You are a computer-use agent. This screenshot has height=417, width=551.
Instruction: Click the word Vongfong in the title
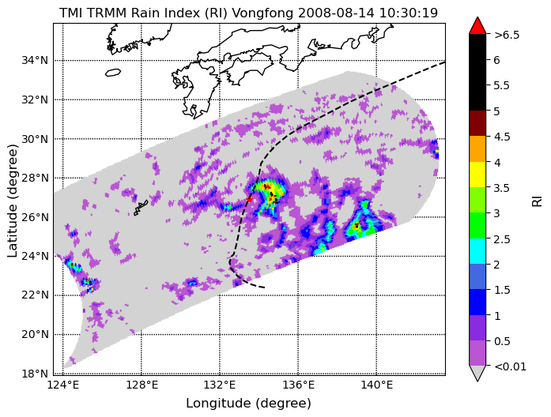click(x=263, y=13)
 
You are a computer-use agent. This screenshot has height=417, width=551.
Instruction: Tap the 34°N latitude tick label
click(x=35, y=60)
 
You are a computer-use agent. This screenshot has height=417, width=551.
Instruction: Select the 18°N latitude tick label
click(x=35, y=374)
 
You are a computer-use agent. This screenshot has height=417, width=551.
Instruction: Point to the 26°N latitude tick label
click(x=35, y=217)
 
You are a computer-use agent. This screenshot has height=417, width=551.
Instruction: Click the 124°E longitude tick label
click(x=63, y=385)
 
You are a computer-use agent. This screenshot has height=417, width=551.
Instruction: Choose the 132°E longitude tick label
click(x=220, y=385)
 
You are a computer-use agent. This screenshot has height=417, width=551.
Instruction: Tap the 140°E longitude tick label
click(x=377, y=385)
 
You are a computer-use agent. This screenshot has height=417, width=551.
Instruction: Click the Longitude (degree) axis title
click(x=248, y=404)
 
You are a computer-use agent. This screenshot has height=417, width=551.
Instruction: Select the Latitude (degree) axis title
click(x=13, y=201)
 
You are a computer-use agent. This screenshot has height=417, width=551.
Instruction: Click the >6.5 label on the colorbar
click(x=507, y=35)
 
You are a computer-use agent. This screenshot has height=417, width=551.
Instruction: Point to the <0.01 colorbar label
click(x=510, y=366)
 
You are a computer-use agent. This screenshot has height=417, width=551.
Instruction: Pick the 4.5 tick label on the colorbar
click(x=502, y=137)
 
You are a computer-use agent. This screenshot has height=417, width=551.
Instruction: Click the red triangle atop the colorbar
click(x=477, y=26)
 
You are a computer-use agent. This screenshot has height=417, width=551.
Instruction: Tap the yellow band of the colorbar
click(x=477, y=175)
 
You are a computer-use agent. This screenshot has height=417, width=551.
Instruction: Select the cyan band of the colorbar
click(x=477, y=251)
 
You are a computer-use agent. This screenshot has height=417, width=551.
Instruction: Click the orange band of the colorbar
click(x=477, y=148)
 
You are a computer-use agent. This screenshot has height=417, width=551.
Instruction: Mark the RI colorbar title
click(x=538, y=201)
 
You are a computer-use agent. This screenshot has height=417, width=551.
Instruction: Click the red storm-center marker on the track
click(x=249, y=199)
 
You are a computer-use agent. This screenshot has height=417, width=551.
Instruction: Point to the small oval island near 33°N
click(x=113, y=73)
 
